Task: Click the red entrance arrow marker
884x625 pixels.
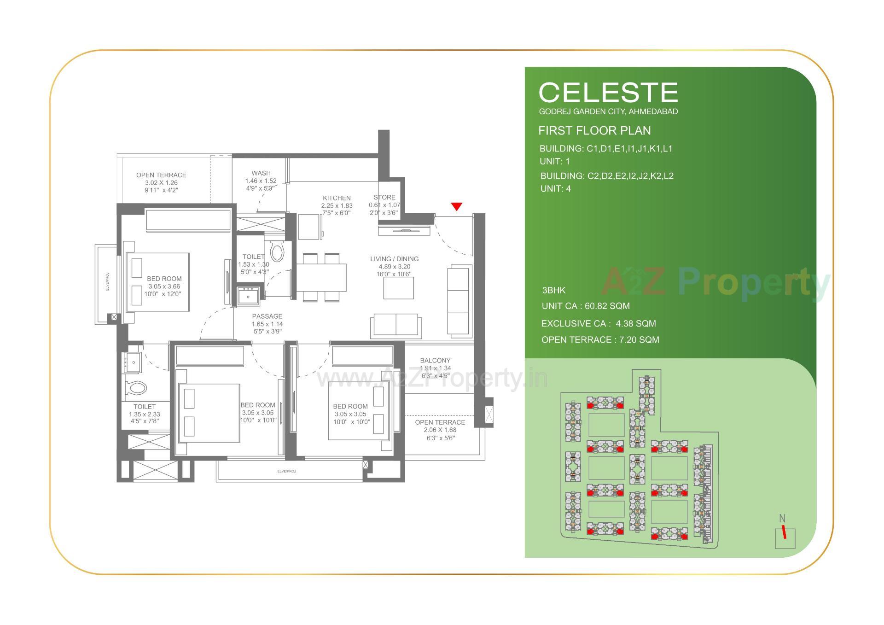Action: (x=456, y=207)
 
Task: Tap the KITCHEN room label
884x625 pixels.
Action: (x=337, y=198)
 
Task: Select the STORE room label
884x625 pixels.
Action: (x=384, y=197)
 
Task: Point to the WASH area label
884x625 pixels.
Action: (x=261, y=173)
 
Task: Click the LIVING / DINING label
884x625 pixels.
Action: (x=394, y=259)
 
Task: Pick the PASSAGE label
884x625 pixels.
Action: (x=267, y=316)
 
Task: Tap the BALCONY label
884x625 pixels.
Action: (x=435, y=361)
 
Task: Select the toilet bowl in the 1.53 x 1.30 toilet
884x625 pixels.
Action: (x=277, y=251)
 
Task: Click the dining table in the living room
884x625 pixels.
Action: (x=321, y=277)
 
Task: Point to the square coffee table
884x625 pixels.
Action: (x=398, y=288)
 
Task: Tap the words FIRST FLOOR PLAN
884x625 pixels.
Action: (x=594, y=131)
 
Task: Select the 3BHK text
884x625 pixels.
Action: (x=553, y=291)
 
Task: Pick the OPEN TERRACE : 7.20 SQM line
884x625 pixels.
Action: (x=600, y=340)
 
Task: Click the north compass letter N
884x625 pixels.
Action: (x=782, y=519)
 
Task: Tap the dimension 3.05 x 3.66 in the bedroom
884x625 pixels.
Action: (x=164, y=286)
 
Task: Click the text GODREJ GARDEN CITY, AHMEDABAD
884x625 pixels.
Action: (x=608, y=111)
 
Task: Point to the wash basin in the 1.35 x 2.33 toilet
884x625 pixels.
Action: (x=132, y=362)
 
